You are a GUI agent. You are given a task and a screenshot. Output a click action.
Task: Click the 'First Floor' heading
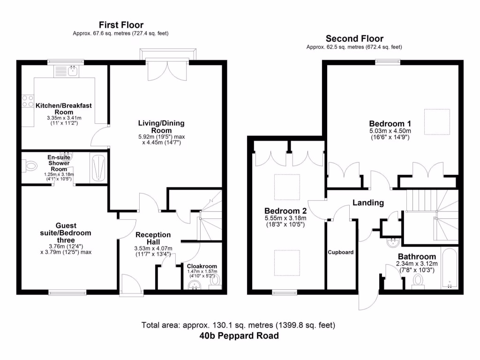(x=121, y=25)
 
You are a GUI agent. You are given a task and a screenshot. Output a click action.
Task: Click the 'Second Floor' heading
(x=354, y=39)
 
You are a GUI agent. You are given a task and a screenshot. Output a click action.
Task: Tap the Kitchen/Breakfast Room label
(x=64, y=109)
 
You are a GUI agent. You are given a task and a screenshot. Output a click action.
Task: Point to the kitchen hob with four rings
(x=27, y=102)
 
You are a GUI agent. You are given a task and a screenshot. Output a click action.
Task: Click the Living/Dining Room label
(x=161, y=127)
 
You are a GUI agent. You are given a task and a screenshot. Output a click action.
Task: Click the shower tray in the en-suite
(x=98, y=167)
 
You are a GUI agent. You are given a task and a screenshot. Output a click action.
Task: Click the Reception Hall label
(x=153, y=238)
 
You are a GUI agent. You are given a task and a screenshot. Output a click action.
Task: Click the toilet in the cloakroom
(x=215, y=281)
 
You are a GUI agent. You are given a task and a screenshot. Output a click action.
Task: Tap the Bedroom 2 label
(x=285, y=210)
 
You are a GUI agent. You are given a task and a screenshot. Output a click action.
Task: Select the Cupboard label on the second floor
(x=340, y=252)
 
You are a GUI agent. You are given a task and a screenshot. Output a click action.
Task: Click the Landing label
(x=368, y=203)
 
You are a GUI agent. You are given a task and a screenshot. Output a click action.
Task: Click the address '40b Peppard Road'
(x=239, y=336)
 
